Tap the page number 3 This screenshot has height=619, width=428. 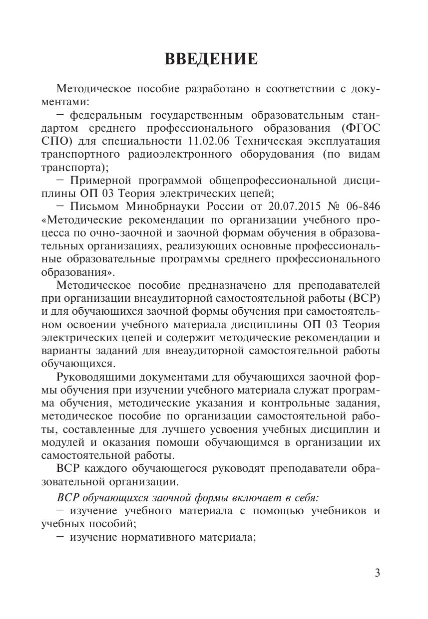(377, 572)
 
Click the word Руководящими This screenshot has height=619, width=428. (99, 377)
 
